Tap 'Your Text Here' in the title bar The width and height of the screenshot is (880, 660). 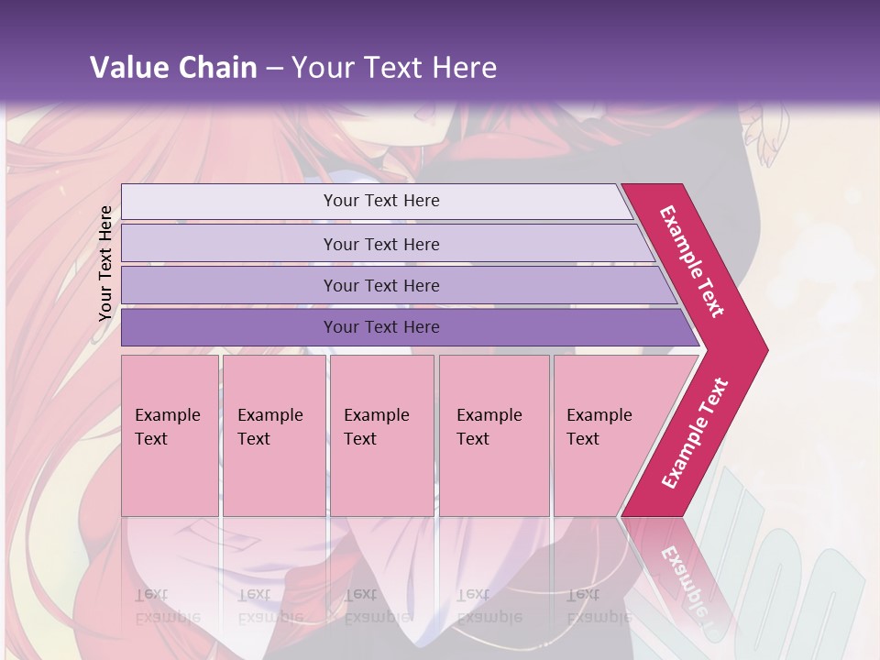(x=394, y=68)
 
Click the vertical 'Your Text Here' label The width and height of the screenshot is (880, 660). (x=105, y=264)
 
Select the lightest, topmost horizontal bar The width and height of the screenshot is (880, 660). (x=376, y=201)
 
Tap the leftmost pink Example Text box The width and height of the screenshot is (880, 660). (x=170, y=435)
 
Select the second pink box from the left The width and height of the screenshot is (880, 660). (x=273, y=435)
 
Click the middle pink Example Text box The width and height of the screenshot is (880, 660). (x=381, y=435)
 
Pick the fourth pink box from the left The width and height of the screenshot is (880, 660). (x=493, y=435)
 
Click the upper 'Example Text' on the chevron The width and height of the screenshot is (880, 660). (x=692, y=261)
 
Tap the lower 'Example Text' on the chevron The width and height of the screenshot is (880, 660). (x=695, y=434)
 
